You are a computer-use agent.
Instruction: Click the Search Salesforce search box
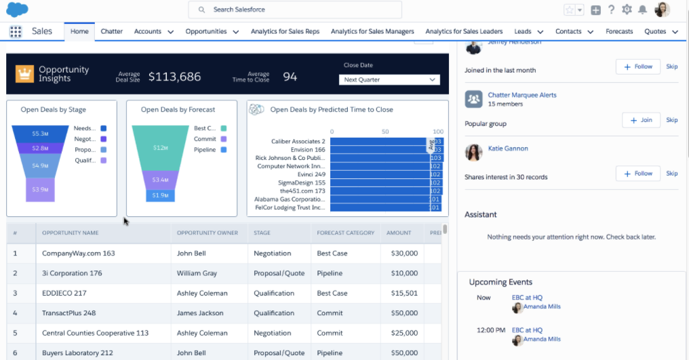295,9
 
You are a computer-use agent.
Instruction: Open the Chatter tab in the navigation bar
112,31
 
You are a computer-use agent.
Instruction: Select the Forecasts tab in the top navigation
619,31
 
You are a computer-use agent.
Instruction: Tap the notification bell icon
642,9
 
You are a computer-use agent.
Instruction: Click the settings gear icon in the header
627,9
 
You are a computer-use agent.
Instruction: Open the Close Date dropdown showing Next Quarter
389,79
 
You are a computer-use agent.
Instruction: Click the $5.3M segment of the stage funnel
40,134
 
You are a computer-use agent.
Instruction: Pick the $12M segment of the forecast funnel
161,147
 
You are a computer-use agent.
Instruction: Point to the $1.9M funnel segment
161,195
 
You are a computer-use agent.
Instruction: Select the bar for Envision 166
379,150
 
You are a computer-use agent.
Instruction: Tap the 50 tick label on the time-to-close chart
385,132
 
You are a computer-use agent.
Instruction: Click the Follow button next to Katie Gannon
637,174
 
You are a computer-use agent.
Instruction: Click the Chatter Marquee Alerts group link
522,95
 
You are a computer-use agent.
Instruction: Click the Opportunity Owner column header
208,233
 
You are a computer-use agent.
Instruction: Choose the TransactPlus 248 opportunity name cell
69,313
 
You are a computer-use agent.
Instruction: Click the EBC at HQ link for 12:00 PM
527,330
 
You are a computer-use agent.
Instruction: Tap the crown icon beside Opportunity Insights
25,73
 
